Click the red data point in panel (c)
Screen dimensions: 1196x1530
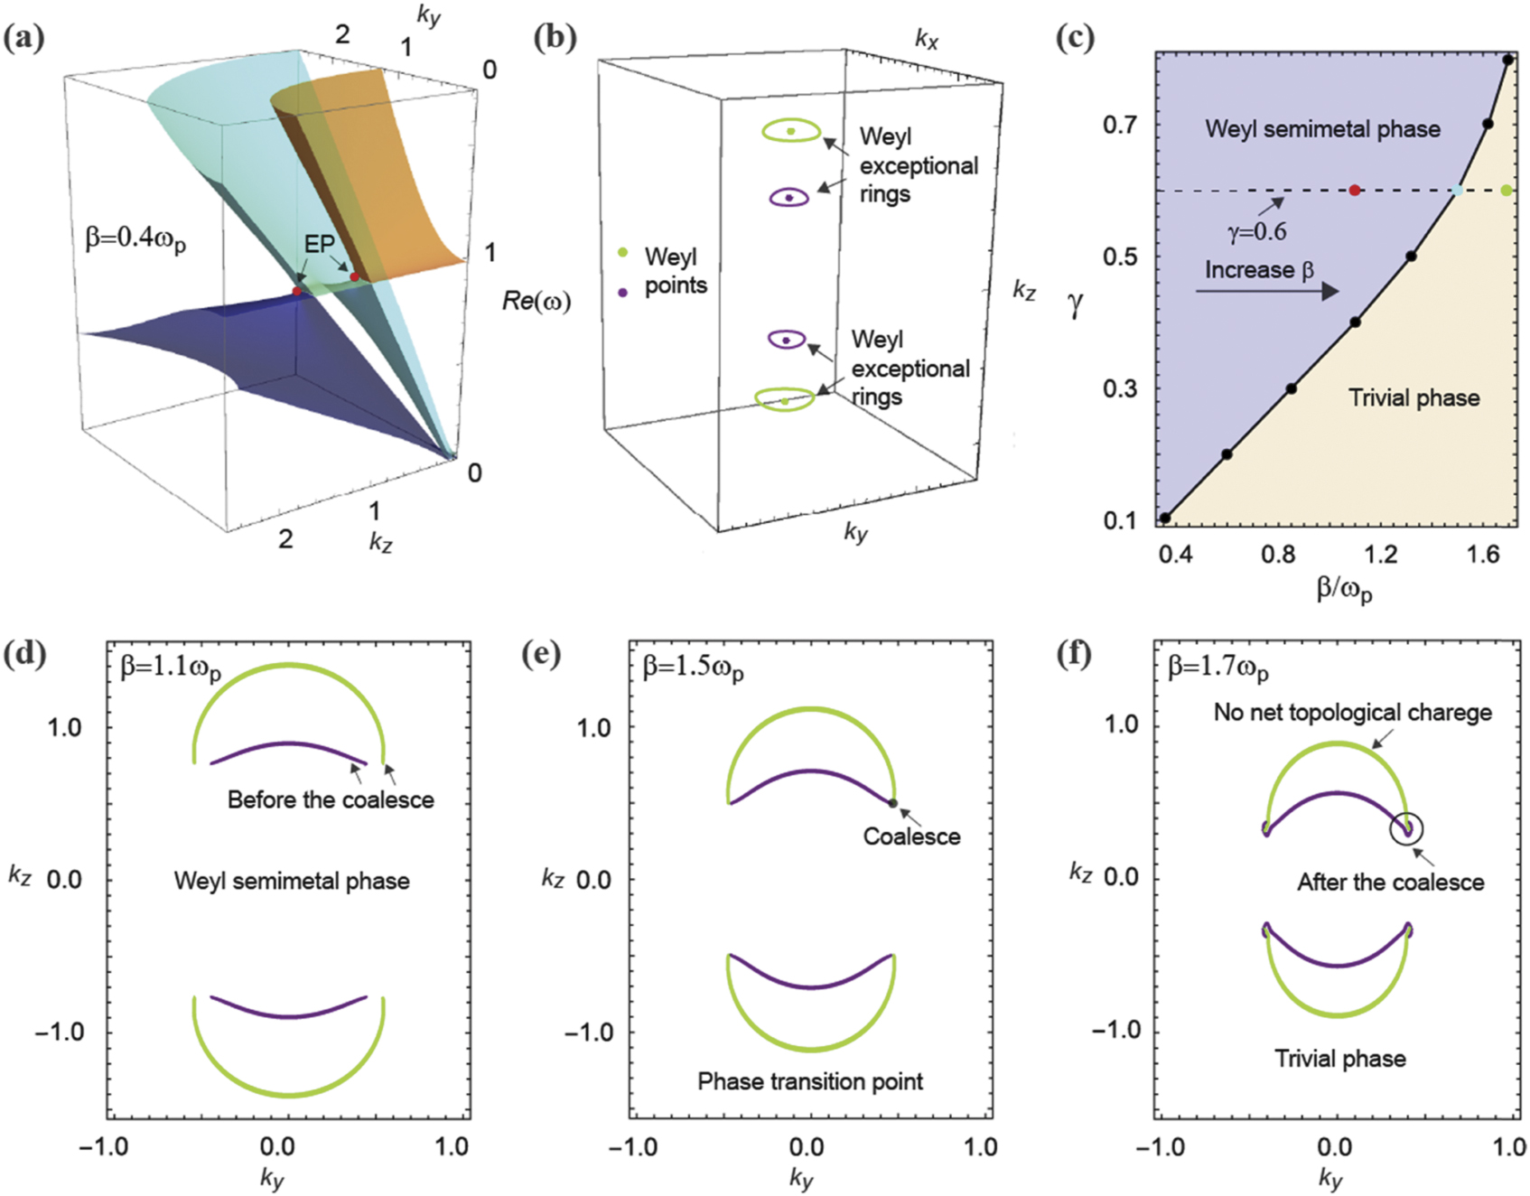[1354, 190]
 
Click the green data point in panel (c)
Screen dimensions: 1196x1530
[1506, 190]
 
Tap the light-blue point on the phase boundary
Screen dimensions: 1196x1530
[1457, 191]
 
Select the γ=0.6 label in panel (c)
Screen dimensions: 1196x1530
[1256, 232]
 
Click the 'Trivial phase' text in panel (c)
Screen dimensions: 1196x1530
[1413, 397]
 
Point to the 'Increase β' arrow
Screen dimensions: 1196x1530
[1266, 291]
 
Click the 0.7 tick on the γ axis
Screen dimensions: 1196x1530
[1119, 125]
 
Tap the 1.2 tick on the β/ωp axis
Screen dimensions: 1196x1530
[1380, 554]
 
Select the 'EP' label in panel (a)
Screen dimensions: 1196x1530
[319, 244]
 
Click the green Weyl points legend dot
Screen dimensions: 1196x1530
[622, 253]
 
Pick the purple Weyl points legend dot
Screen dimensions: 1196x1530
[622, 292]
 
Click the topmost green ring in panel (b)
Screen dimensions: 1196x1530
[790, 131]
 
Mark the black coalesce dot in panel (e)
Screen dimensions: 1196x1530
[892, 803]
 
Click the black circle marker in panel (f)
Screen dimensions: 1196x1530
[1406, 828]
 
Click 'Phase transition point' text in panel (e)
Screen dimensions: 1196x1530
[810, 1081]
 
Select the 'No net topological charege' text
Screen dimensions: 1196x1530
[1352, 712]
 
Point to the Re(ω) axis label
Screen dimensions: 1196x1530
[536, 301]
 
